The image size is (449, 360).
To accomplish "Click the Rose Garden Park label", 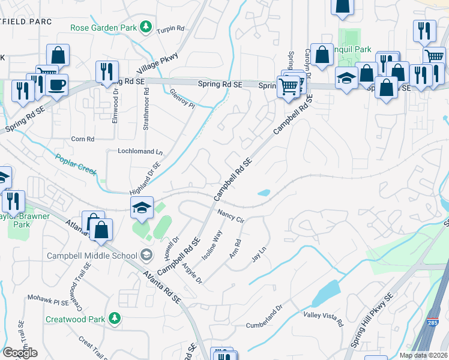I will coord(103,28).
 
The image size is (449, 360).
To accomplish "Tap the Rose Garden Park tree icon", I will coord(145,26).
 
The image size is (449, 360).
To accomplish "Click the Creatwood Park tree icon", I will coord(113,319).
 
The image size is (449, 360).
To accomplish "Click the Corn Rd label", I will coord(83,139).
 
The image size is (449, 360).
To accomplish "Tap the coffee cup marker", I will coord(57,85).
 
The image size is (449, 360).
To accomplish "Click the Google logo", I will coord(20,353).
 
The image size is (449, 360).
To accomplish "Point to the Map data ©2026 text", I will coord(423,355).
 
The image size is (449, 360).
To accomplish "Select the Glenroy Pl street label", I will coord(182,98).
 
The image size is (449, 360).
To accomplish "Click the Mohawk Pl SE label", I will coord(49,298).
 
